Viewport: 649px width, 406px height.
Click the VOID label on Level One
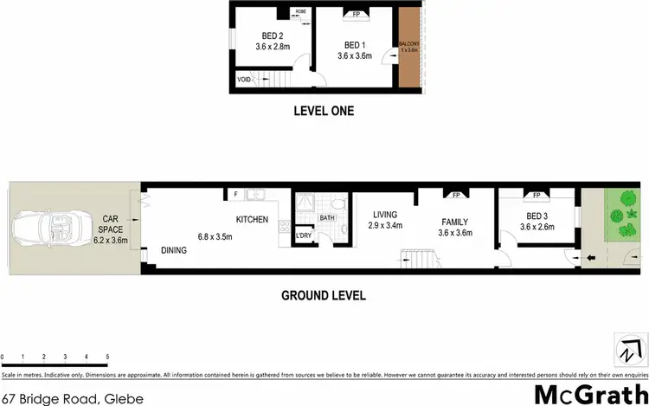244,80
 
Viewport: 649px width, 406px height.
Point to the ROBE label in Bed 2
300,12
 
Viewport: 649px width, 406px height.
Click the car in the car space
43,229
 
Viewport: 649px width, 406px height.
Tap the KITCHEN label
252,219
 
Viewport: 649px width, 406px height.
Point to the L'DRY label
303,236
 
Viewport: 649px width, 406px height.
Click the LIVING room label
385,215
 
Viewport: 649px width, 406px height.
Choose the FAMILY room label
454,221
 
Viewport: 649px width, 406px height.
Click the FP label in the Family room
455,195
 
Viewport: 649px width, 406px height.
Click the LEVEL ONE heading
323,110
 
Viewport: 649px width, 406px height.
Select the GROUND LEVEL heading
324,295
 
